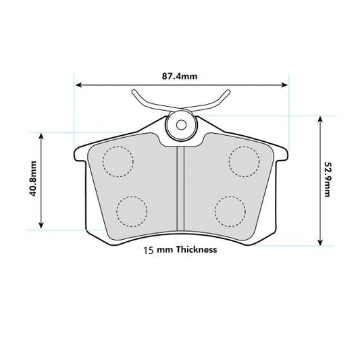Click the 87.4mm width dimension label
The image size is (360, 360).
coord(179,76)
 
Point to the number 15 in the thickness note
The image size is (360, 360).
coord(147,250)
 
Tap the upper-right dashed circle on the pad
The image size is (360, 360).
coord(245,161)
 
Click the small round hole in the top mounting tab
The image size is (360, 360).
coord(180,124)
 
